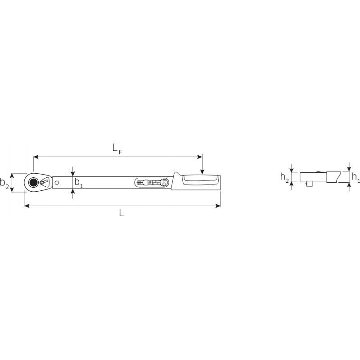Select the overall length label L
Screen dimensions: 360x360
point(121,213)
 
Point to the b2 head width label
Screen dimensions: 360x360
point(4,183)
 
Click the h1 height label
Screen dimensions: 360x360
point(355,177)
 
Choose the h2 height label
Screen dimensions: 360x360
point(284,177)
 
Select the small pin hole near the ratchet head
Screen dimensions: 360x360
point(57,182)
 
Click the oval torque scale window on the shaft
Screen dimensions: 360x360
point(153,182)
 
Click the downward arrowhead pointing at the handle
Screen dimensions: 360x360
point(202,171)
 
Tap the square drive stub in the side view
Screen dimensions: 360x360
point(311,184)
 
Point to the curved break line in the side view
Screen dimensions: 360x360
point(335,176)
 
